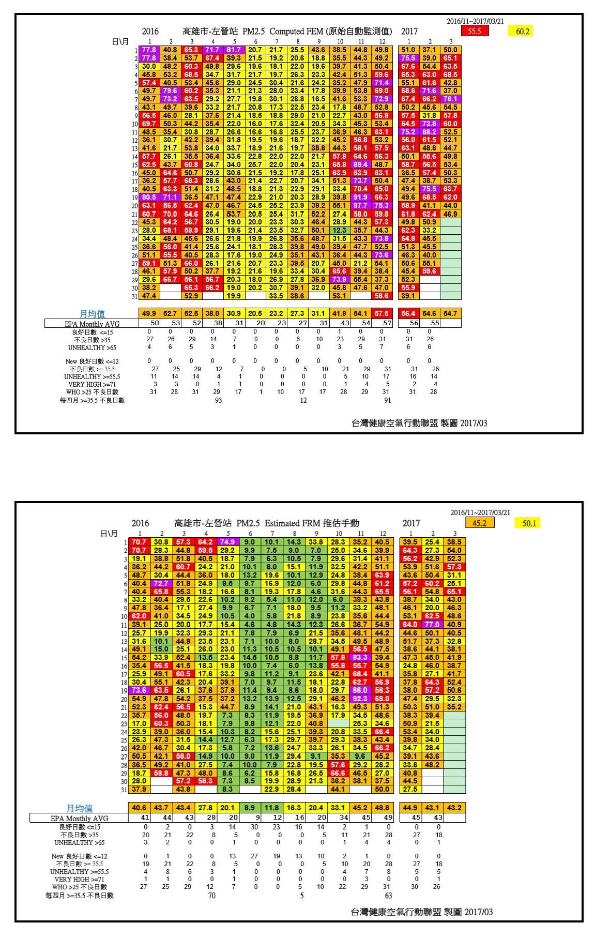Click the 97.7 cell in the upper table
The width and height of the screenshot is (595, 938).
click(360, 205)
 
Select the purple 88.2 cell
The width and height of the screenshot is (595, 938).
click(429, 132)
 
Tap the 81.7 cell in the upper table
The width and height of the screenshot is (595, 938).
click(234, 50)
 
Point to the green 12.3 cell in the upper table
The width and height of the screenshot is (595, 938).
click(339, 230)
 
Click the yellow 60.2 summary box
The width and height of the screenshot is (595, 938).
click(522, 32)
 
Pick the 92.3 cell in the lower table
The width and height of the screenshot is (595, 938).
click(360, 699)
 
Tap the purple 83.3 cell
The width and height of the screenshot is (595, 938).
click(360, 658)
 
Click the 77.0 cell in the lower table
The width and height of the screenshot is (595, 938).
click(432, 625)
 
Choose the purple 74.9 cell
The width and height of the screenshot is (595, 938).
click(227, 542)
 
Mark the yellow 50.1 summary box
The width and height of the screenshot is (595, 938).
click(529, 523)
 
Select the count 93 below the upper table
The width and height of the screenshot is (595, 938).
click(218, 400)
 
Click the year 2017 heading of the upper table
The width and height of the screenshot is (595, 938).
click(409, 32)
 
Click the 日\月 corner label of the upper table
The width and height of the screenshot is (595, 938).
click(120, 41)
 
